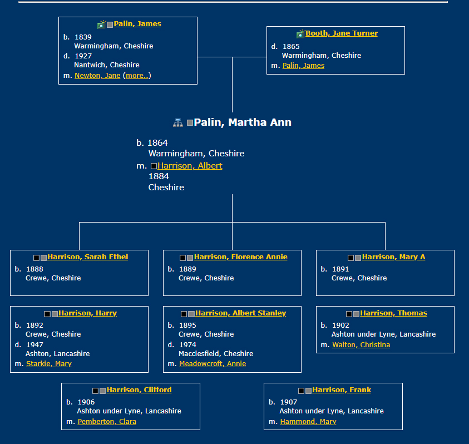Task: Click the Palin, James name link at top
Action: [x=137, y=24]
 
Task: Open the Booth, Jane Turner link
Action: [x=341, y=33]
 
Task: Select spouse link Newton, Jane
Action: [x=97, y=76]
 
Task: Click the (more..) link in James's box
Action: [x=137, y=76]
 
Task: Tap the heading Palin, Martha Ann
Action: [x=242, y=122]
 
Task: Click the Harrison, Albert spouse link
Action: [x=190, y=166]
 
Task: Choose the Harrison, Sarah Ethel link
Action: [x=87, y=257]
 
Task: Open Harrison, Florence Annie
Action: [x=240, y=257]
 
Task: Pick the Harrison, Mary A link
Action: [x=393, y=257]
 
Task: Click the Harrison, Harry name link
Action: [x=87, y=313]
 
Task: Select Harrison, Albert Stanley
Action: [x=240, y=313]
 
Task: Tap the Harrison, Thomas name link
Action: [x=393, y=313]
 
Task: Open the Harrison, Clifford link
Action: [x=139, y=390]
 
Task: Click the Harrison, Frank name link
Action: [x=341, y=390]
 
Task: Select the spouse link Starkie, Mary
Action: [x=49, y=364]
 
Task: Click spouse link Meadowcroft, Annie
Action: [x=213, y=364]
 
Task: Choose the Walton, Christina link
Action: [x=361, y=345]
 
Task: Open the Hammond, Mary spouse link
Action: [x=308, y=422]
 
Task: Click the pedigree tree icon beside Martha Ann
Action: [x=177, y=122]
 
